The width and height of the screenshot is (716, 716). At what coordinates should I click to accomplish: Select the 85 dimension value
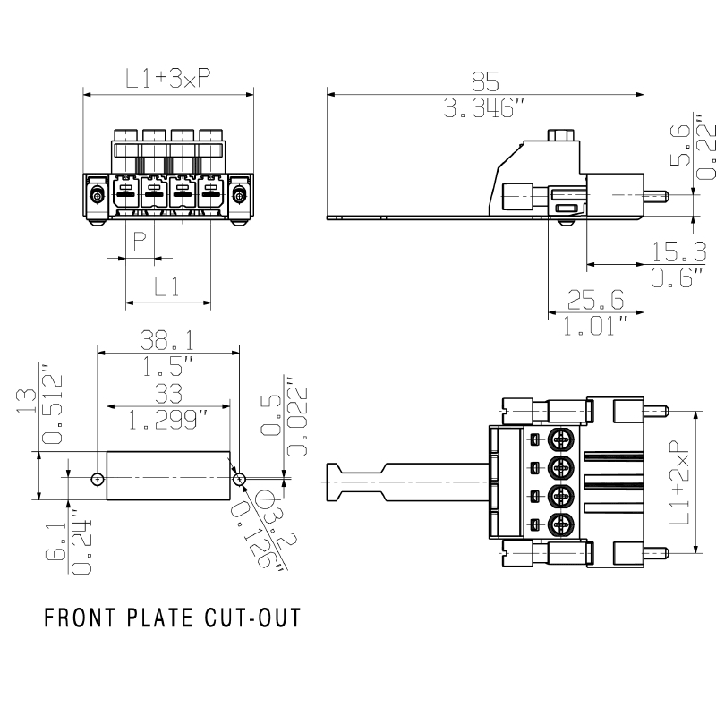484,81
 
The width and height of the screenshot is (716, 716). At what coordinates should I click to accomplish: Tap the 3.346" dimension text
484,109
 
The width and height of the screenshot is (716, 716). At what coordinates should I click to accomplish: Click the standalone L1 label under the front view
167,286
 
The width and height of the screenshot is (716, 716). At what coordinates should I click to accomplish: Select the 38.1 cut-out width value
169,340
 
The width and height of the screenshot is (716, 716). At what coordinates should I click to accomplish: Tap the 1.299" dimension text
169,419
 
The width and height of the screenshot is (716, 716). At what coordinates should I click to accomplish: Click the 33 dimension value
169,394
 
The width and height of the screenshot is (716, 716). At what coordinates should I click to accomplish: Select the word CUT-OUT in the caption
255,618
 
